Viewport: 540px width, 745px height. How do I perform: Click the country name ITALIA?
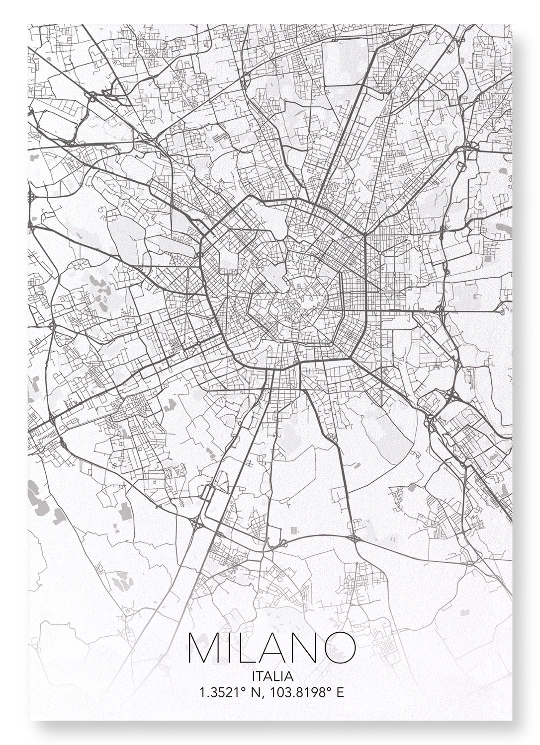point(272,676)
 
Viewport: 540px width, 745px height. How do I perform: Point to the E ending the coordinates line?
point(340,692)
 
